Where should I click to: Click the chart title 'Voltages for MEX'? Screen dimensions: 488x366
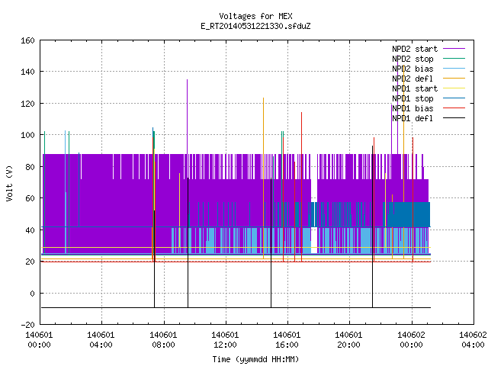(x=255, y=16)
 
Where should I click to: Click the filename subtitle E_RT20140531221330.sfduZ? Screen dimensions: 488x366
(x=255, y=26)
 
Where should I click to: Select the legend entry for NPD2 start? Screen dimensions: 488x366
(x=429, y=49)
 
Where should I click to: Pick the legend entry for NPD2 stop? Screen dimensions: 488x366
(x=429, y=59)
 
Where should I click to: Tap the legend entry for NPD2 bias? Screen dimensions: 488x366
(x=429, y=69)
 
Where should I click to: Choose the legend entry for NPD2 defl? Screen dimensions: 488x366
(x=429, y=79)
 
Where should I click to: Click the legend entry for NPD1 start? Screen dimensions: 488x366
(x=429, y=88)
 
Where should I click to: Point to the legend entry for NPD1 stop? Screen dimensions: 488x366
(x=429, y=98)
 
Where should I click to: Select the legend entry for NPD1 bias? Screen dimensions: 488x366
(x=429, y=108)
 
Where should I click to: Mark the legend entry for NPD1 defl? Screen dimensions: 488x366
(x=429, y=119)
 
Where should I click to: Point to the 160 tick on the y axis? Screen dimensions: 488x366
(x=27, y=40)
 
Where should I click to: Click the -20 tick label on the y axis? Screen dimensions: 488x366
(x=27, y=325)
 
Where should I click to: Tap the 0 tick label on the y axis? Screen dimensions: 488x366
(x=32, y=293)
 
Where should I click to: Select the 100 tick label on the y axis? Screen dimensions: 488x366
(x=27, y=135)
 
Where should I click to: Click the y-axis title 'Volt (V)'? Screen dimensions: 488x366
(x=10, y=184)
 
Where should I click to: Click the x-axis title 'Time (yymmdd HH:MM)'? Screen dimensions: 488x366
(x=255, y=359)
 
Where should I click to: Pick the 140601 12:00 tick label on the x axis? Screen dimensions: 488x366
(x=225, y=340)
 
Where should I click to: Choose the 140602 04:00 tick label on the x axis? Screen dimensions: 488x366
(x=473, y=340)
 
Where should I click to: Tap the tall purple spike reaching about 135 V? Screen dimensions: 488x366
(x=187, y=117)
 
